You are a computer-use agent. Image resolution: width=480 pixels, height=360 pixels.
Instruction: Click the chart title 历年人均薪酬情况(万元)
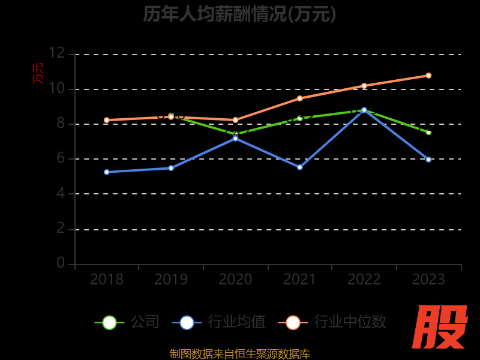click(x=240, y=14)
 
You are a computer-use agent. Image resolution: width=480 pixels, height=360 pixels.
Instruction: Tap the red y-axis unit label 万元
click(x=38, y=73)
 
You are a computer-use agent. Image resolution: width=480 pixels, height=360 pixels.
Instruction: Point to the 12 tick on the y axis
click(x=56, y=53)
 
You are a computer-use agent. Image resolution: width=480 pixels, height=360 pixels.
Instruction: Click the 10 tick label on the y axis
click(x=56, y=88)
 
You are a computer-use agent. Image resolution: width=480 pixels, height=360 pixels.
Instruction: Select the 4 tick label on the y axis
click(x=60, y=193)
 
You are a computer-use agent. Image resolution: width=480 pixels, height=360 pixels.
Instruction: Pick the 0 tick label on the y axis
click(x=60, y=263)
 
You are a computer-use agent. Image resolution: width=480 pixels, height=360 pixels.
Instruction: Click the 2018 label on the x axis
click(x=107, y=280)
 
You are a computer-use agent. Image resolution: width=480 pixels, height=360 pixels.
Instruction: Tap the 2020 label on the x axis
click(x=235, y=280)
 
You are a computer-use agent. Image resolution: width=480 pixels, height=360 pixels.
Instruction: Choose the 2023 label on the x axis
click(x=428, y=280)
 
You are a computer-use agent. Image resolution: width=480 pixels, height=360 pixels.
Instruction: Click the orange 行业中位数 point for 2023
click(x=428, y=76)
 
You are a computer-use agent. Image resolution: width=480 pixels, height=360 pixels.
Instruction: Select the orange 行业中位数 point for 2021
click(x=300, y=98)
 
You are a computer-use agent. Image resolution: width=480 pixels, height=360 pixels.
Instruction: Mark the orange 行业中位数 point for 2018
click(x=107, y=120)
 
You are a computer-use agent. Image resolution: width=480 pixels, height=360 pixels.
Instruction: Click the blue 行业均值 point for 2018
click(x=107, y=172)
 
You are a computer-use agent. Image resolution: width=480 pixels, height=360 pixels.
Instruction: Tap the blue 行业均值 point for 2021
click(x=300, y=167)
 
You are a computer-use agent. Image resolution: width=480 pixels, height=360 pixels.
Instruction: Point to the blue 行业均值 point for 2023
click(x=428, y=160)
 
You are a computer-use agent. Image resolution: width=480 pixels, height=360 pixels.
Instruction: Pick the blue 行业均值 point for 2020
click(x=235, y=139)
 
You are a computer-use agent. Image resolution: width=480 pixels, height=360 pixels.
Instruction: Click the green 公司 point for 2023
click(x=428, y=132)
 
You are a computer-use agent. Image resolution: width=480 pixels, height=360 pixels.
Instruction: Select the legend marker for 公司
click(x=109, y=323)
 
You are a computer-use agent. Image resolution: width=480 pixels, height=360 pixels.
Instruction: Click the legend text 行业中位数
click(x=350, y=322)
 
